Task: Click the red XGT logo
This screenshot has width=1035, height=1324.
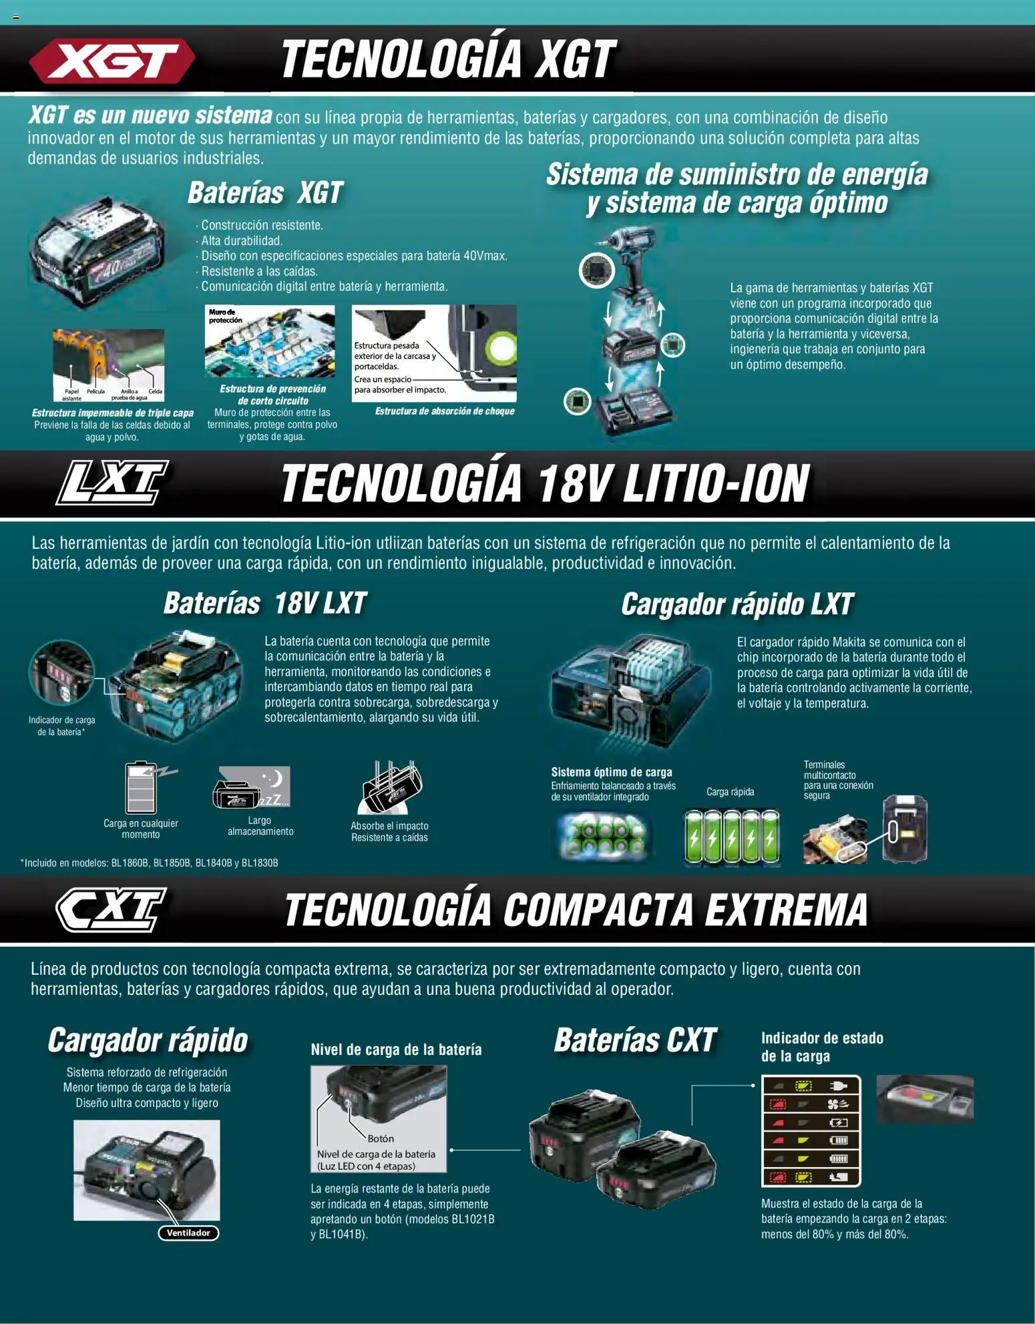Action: tap(112, 61)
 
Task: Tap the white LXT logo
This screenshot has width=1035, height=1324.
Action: tap(112, 482)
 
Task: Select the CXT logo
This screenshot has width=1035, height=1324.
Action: tap(111, 909)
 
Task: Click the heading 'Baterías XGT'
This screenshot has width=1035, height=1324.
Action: tap(265, 193)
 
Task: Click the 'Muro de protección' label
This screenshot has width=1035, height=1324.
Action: tap(226, 316)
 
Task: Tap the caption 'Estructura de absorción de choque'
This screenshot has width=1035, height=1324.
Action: tap(445, 411)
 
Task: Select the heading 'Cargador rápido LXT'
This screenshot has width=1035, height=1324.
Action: tap(737, 604)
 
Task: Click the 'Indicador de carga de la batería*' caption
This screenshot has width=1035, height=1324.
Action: tap(61, 726)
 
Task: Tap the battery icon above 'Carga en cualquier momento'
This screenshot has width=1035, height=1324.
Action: tap(142, 788)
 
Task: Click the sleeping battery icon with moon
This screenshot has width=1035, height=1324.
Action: tap(252, 787)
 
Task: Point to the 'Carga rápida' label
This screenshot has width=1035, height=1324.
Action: tap(730, 792)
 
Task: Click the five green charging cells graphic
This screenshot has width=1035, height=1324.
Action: tap(732, 837)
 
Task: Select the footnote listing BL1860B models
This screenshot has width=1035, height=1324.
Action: tap(150, 863)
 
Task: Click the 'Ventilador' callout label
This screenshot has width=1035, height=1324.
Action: tap(188, 1233)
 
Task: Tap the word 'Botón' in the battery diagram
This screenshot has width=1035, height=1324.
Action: tap(381, 1138)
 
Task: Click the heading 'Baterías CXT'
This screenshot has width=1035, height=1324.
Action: tap(635, 1040)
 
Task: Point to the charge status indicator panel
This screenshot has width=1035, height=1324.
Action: tap(811, 1130)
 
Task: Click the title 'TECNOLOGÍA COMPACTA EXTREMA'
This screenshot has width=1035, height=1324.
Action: tap(576, 910)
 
